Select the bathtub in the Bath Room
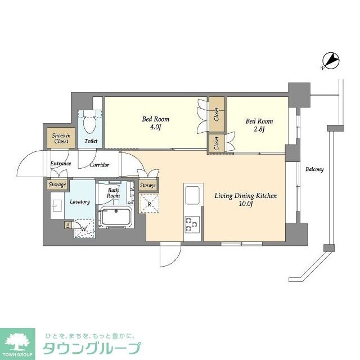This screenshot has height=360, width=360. [115, 217]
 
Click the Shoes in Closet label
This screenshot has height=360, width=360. [60, 138]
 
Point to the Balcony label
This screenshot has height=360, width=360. [314, 169]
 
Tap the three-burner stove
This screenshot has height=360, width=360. [192, 223]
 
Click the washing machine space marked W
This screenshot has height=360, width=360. [83, 228]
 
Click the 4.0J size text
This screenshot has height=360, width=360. [155, 128]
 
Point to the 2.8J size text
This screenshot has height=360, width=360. [259, 130]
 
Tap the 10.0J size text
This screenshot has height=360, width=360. [245, 205]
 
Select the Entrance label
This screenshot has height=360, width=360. [60, 164]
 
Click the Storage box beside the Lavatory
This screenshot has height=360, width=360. [57, 184]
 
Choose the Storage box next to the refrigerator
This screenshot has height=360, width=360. [148, 185]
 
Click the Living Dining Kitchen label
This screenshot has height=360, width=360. [245, 196]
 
